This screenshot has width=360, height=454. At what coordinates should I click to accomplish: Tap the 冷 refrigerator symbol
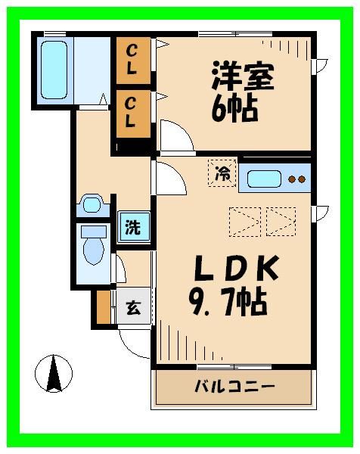click(222, 173)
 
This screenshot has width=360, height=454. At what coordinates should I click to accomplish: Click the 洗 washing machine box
click(132, 226)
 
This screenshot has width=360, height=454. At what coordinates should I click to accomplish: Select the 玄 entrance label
click(133, 308)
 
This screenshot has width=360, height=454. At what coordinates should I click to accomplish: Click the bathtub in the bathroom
click(54, 67)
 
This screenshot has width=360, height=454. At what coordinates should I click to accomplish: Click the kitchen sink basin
click(265, 179)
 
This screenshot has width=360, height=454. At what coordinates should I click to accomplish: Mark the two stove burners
click(296, 180)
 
